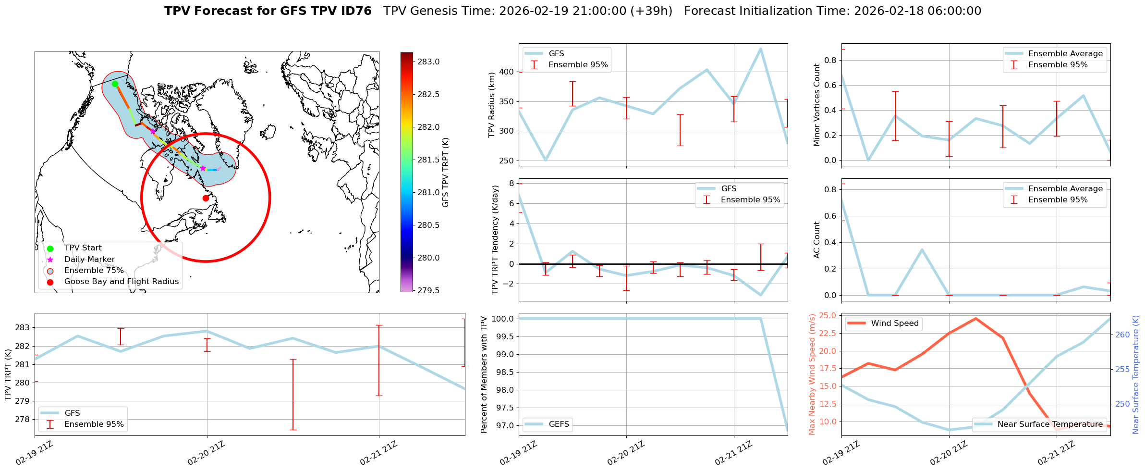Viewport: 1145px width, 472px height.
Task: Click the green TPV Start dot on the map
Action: [115, 84]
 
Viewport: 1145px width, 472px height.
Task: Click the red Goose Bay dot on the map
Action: [206, 198]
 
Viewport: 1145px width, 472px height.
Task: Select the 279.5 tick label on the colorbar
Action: [428, 290]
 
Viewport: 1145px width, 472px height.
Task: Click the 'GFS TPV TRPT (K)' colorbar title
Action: [446, 172]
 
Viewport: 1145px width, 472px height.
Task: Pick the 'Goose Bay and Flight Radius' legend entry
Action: [121, 282]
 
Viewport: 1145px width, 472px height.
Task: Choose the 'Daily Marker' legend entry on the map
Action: [89, 260]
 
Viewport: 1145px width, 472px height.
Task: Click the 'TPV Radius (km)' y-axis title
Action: [491, 105]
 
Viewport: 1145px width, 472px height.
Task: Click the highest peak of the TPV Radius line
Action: [760, 49]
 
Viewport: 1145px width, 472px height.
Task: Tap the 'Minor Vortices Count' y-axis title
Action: [816, 105]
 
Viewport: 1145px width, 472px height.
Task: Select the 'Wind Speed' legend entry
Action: [895, 323]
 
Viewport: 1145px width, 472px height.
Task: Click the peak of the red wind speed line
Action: [975, 318]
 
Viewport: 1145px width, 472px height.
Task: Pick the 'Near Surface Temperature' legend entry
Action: [1050, 424]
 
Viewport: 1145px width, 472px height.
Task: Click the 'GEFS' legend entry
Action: [559, 424]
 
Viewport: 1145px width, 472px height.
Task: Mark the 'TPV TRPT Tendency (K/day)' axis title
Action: [495, 240]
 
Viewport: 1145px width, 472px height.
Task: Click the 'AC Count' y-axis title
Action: [816, 240]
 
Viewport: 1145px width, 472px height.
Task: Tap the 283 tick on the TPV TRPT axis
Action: [23, 328]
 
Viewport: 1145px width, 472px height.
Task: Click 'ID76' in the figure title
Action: [355, 11]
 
